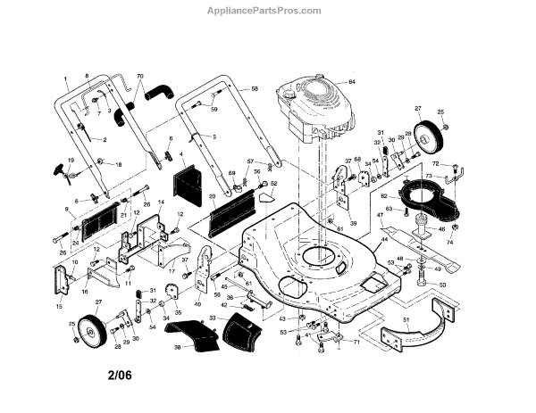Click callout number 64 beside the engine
[x=351, y=82]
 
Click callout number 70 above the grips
[x=139, y=76]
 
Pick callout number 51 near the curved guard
[x=406, y=318]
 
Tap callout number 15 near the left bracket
[x=59, y=307]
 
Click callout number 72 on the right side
[x=435, y=165]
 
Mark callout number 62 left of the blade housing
[x=384, y=195]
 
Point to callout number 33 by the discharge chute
[x=212, y=317]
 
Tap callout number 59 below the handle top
[x=214, y=110]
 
